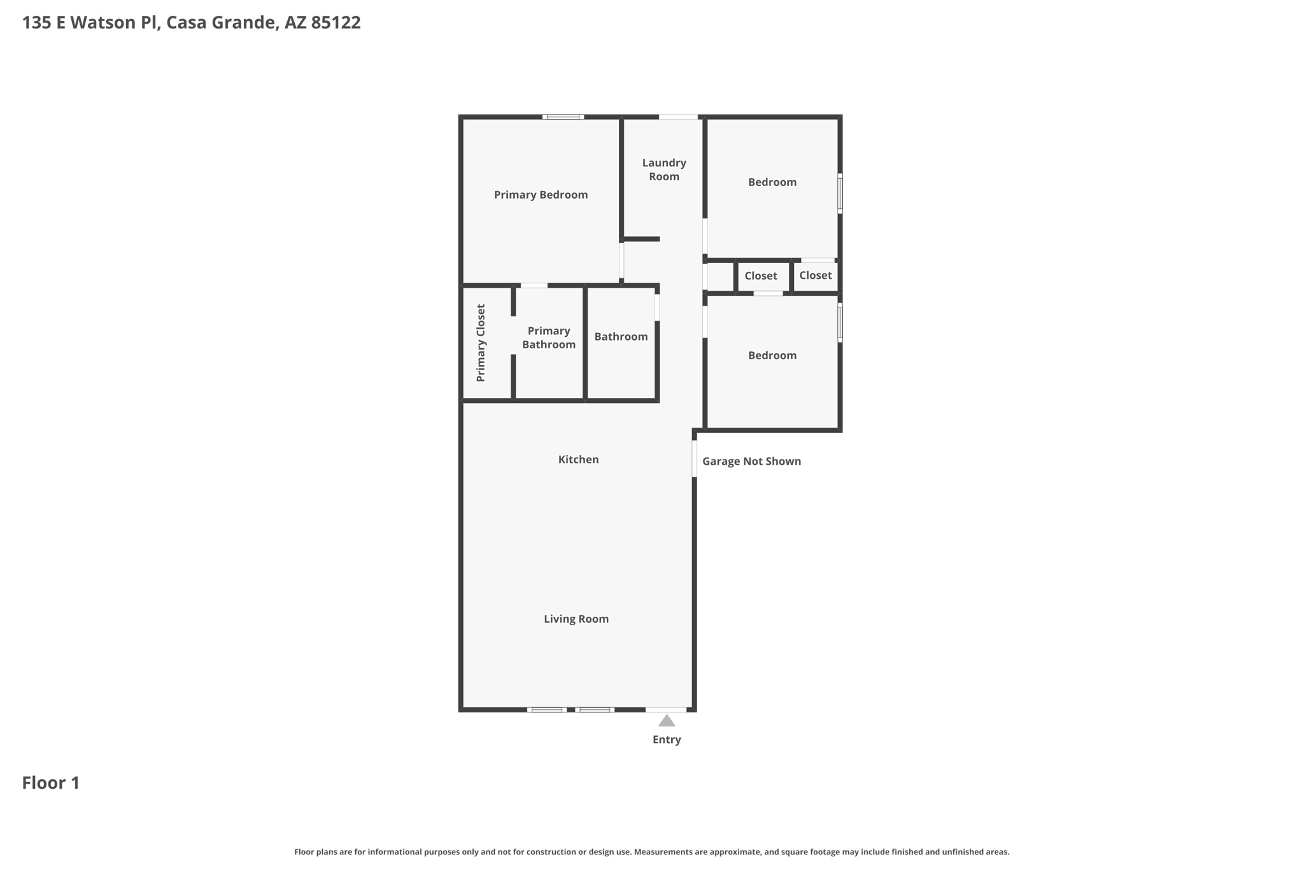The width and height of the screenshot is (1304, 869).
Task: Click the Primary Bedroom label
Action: [541, 195]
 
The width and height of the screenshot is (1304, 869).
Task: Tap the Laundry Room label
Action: [663, 170]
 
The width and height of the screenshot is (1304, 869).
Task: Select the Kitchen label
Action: [578, 460]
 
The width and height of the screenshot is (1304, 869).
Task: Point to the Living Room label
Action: [576, 619]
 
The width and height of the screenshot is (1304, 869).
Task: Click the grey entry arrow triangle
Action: [666, 721]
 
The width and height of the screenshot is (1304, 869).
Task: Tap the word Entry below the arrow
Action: [666, 740]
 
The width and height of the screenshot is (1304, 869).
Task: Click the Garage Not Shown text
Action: [751, 462]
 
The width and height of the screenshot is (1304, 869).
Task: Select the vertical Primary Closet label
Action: [481, 343]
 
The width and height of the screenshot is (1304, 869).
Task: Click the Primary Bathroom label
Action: [548, 338]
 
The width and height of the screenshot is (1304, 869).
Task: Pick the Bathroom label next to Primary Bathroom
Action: [621, 337]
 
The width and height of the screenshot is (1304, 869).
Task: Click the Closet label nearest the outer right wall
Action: [815, 276]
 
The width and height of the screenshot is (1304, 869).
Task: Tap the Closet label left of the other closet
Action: [760, 276]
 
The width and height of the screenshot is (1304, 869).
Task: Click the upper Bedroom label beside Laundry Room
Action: [772, 183]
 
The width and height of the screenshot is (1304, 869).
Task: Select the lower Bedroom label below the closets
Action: [772, 356]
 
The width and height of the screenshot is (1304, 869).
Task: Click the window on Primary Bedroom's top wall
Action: [563, 117]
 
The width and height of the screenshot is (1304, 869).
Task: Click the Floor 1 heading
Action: [51, 783]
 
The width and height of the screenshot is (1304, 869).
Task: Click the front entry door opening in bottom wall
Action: [666, 709]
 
